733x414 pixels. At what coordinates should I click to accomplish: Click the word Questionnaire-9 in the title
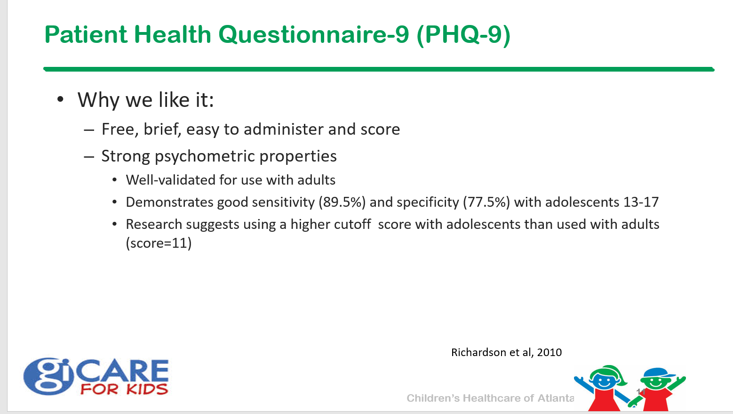tap(313, 35)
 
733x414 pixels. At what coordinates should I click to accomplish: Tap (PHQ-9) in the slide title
tap(464, 35)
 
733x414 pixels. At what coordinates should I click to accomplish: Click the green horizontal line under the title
tap(379, 69)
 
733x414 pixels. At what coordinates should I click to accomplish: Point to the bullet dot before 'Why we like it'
tap(60, 99)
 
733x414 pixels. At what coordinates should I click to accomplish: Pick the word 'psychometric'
tap(205, 156)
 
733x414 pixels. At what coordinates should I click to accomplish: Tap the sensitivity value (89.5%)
tap(342, 202)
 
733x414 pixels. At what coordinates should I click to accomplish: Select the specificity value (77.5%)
tap(486, 202)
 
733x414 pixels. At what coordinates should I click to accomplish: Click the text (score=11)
tap(159, 243)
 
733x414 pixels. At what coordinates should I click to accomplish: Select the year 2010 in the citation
tap(550, 352)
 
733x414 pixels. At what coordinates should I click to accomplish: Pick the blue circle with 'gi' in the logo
tap(48, 376)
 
